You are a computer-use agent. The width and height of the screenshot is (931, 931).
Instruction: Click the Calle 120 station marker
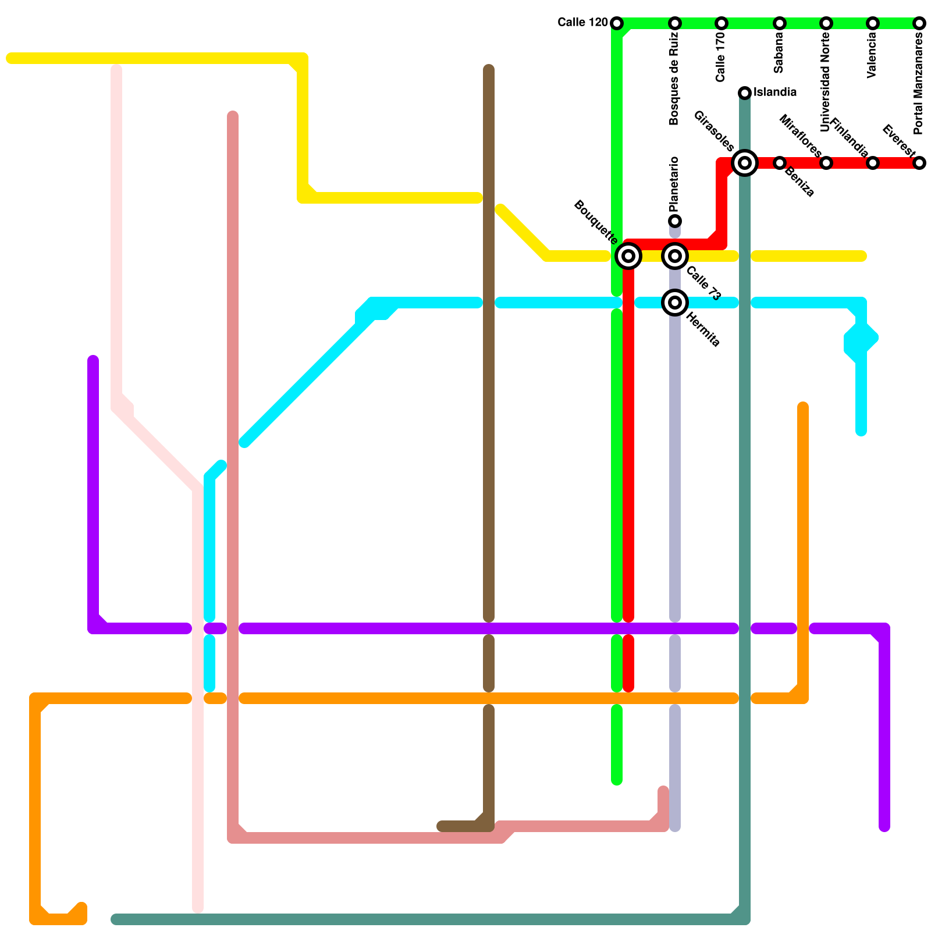[617, 23]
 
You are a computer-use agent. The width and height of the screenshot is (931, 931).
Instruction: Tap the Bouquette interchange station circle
[628, 255]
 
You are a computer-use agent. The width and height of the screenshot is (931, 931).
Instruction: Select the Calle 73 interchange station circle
[675, 255]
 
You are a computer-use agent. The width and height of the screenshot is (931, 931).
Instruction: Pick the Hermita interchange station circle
[675, 302]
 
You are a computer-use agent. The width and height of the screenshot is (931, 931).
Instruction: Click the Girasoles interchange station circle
[745, 162]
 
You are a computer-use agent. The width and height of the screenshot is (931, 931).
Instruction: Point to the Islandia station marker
[745, 93]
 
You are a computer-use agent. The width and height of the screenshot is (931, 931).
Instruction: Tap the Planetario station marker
[675, 221]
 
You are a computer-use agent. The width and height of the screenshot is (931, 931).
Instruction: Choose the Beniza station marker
[780, 163]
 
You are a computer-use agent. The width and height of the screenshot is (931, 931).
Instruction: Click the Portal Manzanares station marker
[919, 23]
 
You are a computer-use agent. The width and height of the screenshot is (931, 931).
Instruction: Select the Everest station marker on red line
[919, 163]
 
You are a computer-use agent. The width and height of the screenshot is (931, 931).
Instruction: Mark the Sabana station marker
[780, 23]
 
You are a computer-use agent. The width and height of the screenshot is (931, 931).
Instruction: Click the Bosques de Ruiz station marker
[675, 23]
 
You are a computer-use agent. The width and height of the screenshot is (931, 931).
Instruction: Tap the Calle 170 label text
[721, 57]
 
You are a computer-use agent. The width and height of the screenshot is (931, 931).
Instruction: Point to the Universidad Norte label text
[826, 81]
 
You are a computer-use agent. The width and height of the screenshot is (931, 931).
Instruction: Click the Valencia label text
[872, 56]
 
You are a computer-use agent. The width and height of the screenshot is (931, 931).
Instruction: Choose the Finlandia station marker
[873, 163]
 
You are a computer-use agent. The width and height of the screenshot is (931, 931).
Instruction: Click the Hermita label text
[703, 329]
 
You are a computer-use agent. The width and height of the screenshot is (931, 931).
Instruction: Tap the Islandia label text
[775, 93]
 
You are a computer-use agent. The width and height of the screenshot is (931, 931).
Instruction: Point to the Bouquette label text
[595, 222]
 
